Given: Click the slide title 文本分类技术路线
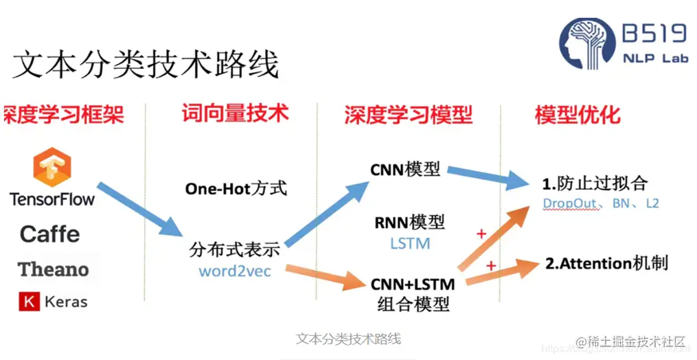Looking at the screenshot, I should [146, 65].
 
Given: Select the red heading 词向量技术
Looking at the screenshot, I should [235, 113].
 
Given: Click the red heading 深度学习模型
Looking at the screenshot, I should [409, 114].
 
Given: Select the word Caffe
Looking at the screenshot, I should [49, 234].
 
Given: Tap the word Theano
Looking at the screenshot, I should [53, 269].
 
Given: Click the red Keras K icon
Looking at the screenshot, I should [29, 301].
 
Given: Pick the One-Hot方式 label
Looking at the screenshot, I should [236, 188].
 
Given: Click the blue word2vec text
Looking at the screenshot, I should [235, 271].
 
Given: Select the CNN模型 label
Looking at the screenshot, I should [405, 168].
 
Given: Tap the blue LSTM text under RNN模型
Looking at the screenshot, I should [410, 243].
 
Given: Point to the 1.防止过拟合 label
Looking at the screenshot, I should [595, 184].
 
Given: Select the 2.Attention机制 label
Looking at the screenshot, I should [606, 263].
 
